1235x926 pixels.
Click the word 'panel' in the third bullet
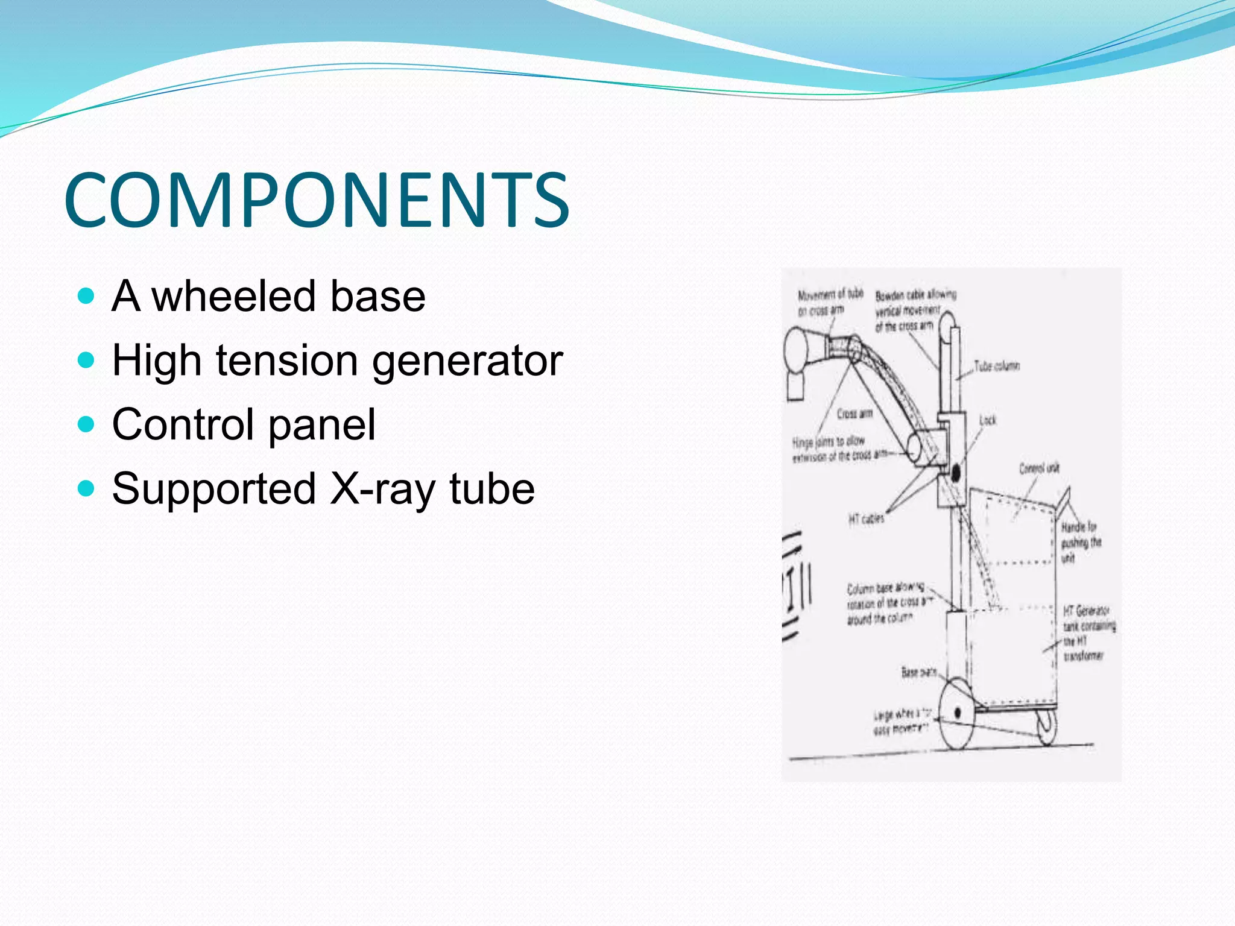(x=322, y=424)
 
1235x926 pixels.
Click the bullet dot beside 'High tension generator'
(x=87, y=360)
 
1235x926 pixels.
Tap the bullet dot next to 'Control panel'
(x=87, y=424)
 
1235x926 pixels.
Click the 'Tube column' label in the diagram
(x=997, y=366)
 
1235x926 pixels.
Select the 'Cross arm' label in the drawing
(x=854, y=414)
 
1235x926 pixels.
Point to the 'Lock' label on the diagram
(x=988, y=420)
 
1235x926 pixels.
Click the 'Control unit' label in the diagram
(x=1039, y=468)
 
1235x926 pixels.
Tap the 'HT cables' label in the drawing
(x=866, y=518)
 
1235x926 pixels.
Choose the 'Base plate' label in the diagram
(x=918, y=672)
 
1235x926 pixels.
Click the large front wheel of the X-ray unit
(x=957, y=714)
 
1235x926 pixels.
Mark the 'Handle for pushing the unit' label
(x=1081, y=542)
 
